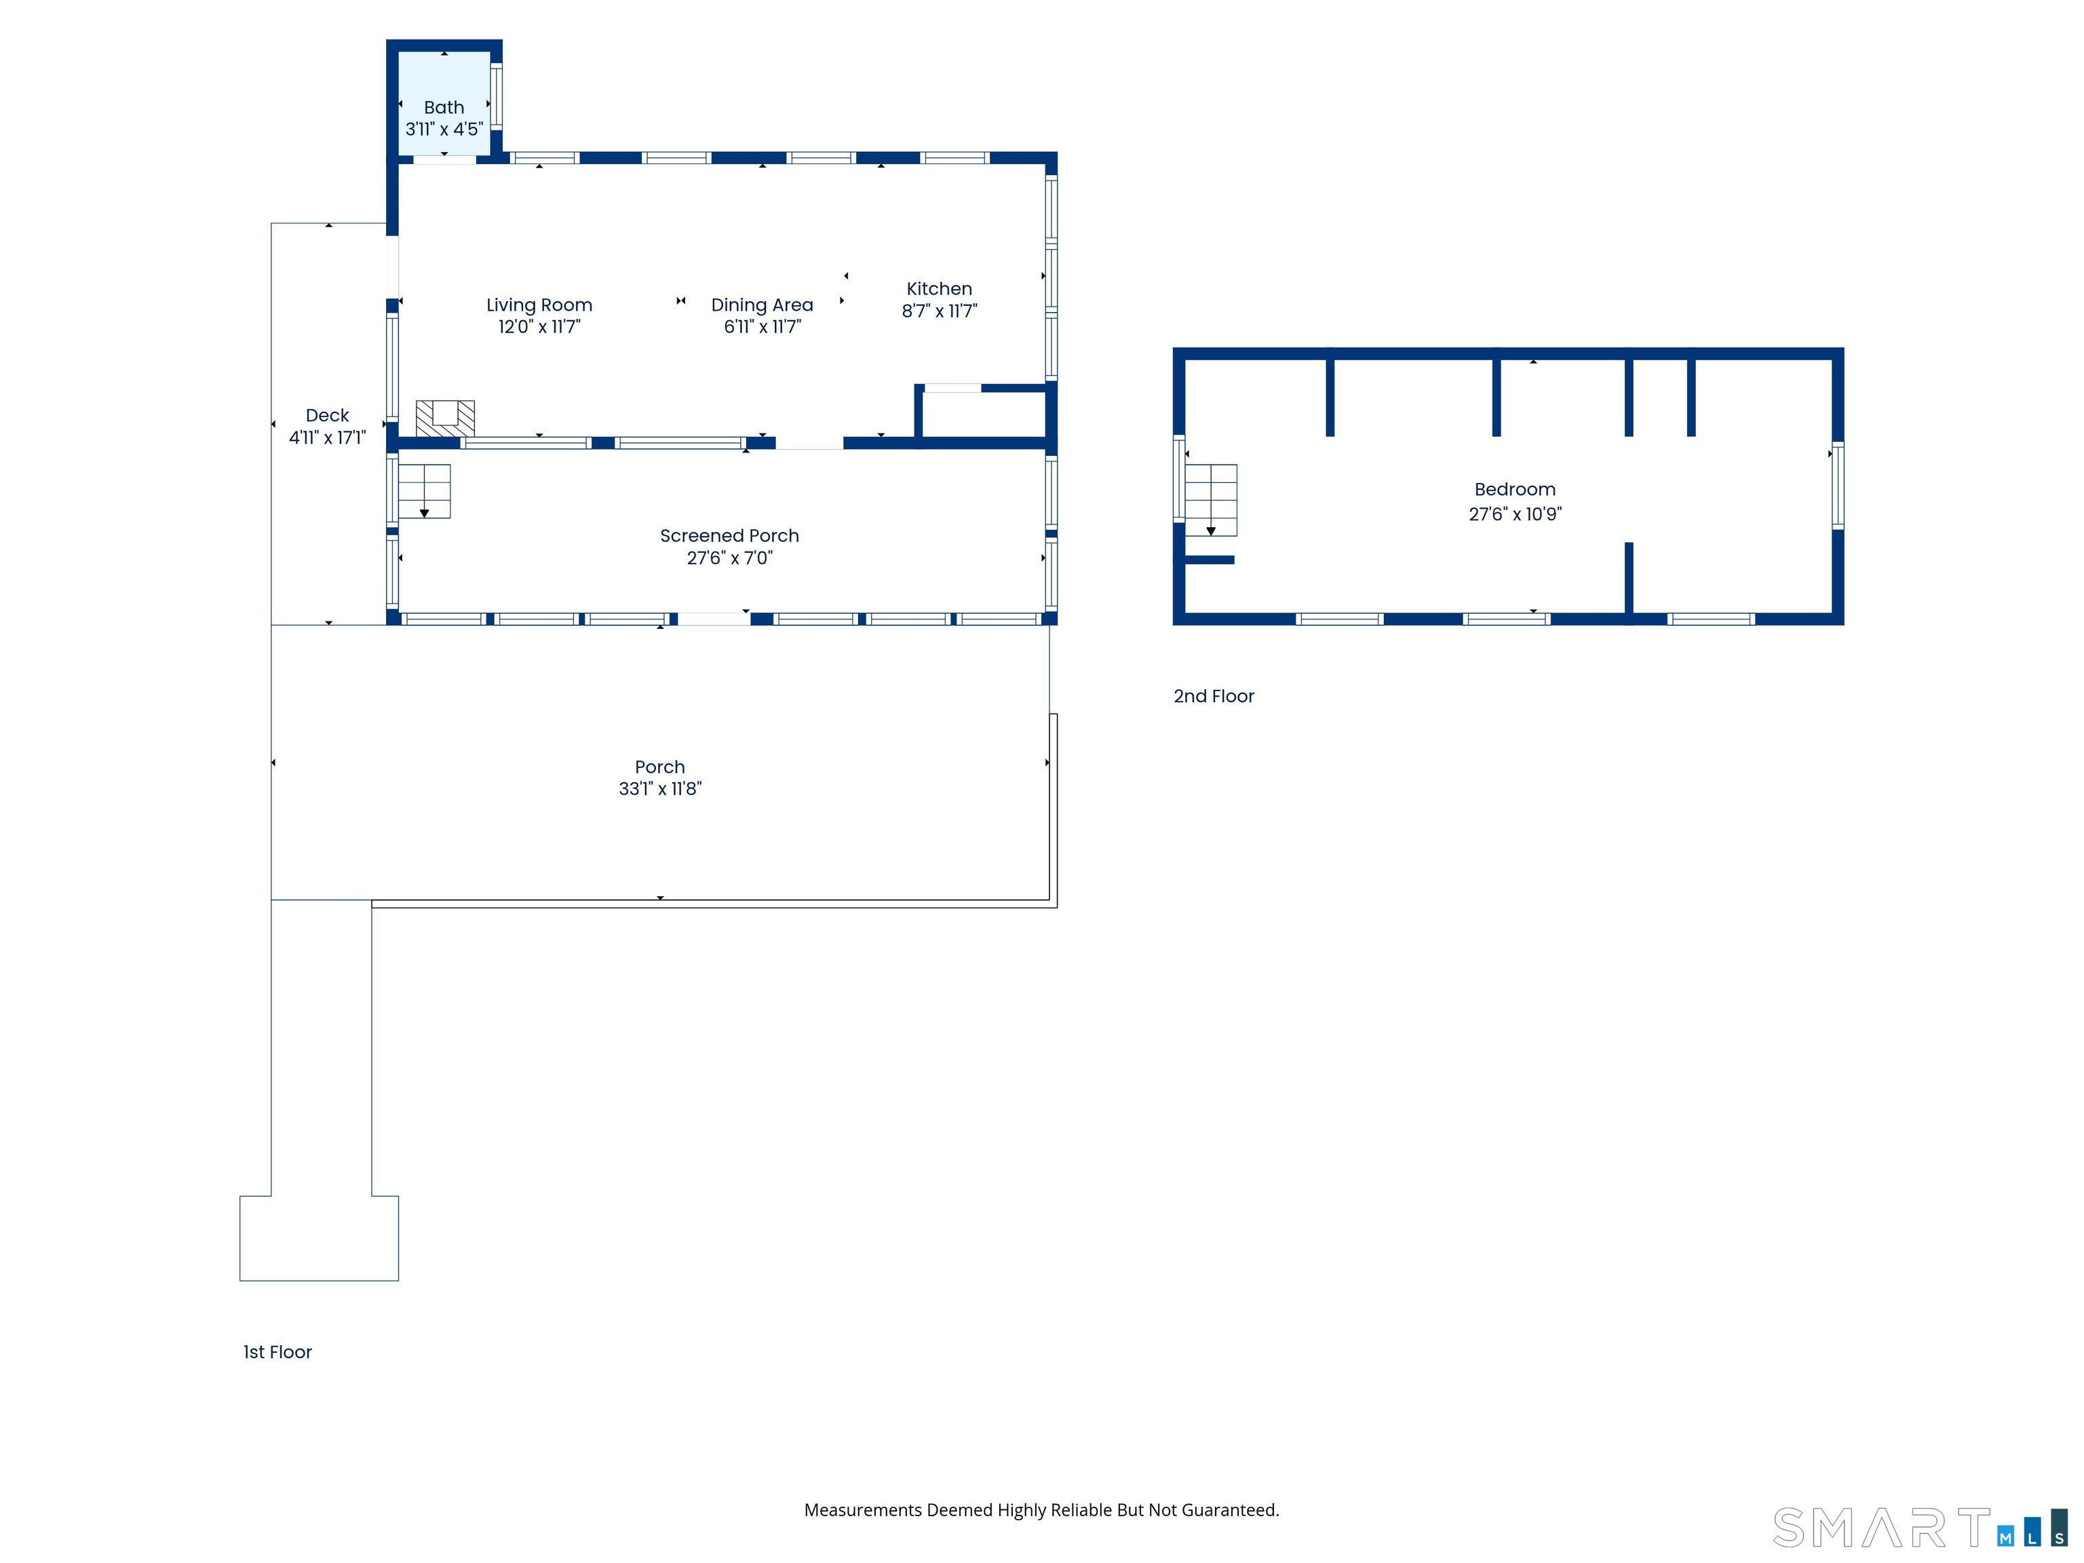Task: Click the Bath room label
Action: click(x=444, y=107)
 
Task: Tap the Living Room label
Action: click(x=539, y=305)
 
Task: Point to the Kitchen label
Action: click(x=940, y=289)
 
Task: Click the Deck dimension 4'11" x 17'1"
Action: click(x=327, y=437)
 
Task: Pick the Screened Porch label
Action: click(x=729, y=536)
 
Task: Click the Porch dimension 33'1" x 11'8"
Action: click(x=661, y=788)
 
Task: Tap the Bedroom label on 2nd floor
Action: click(x=1515, y=490)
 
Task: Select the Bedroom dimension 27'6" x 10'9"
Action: click(x=1515, y=514)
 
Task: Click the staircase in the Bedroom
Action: click(x=1211, y=500)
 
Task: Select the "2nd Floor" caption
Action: click(x=1214, y=696)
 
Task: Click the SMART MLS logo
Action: click(x=1919, y=1527)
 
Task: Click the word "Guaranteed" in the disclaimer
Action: click(x=1231, y=1510)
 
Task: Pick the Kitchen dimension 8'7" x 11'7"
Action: click(x=940, y=311)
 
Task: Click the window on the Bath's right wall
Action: click(x=497, y=95)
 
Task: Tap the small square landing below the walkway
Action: click(x=320, y=1238)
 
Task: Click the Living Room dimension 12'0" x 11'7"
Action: click(x=539, y=327)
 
